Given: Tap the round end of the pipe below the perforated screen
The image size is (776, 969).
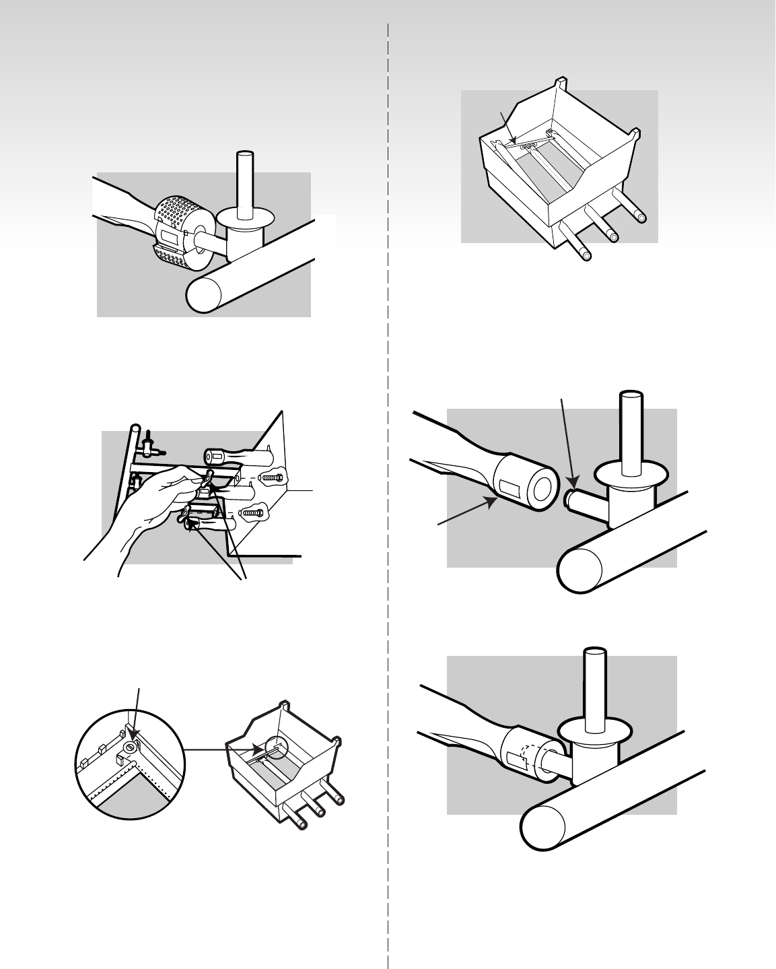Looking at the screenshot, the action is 203,294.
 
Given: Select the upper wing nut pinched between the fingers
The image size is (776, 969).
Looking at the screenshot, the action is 206,479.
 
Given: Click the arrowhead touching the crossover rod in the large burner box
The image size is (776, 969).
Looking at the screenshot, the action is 514,141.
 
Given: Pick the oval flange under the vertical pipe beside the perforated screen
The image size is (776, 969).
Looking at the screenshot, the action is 246,219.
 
